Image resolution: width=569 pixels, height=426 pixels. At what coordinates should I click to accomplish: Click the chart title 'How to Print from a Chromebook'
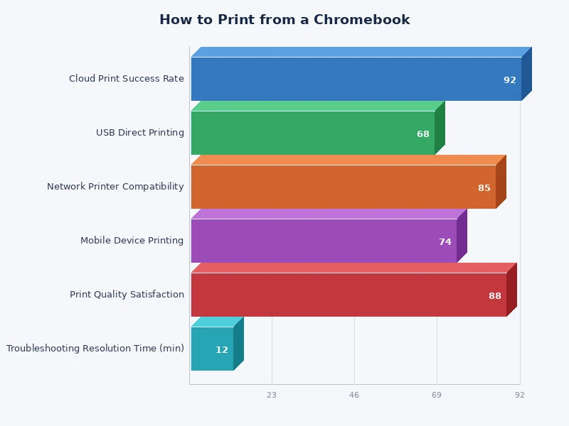(x=284, y=20)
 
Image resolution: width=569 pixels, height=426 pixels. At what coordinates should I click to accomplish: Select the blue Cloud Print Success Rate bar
(x=356, y=79)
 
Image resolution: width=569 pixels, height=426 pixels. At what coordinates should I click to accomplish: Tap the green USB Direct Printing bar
(x=313, y=133)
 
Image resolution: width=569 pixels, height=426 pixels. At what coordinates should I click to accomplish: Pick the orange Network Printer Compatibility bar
(x=343, y=187)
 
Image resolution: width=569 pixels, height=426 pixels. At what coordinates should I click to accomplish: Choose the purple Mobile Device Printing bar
(x=324, y=241)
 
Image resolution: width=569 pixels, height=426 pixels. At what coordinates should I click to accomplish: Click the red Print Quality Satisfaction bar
(x=349, y=295)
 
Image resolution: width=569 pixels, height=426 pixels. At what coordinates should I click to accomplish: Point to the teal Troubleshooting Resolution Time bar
(x=212, y=349)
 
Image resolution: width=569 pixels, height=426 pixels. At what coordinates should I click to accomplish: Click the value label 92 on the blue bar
(x=510, y=80)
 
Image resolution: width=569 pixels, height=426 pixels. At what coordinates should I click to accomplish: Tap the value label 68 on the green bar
(x=423, y=134)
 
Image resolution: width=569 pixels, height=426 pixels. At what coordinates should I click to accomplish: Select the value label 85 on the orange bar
(x=484, y=188)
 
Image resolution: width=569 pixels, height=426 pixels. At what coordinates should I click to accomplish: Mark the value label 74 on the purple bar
(x=445, y=242)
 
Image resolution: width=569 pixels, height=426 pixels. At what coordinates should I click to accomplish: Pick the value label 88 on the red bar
(x=495, y=296)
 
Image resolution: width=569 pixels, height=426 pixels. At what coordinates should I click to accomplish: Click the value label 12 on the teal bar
(x=222, y=350)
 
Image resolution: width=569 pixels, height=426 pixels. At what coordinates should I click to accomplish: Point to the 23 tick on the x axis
(x=272, y=395)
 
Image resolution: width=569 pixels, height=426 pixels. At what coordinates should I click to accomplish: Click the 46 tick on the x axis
(x=354, y=395)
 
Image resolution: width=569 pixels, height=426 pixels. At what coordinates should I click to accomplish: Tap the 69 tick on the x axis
(x=437, y=395)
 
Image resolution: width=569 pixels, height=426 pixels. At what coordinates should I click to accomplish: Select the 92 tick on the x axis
(x=520, y=395)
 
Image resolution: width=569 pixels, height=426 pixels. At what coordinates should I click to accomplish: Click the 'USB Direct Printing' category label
(x=140, y=133)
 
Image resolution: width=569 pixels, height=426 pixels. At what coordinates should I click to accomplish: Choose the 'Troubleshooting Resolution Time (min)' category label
(x=95, y=349)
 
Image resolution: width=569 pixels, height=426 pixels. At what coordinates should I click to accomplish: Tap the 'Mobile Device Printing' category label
(x=132, y=241)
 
